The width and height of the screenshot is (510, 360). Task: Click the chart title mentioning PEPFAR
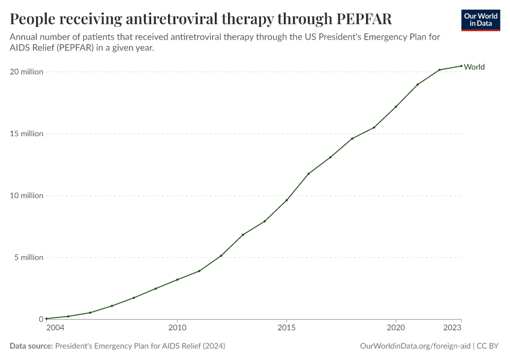201,19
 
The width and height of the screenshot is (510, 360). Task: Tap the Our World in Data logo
481,20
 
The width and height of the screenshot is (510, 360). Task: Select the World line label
474,67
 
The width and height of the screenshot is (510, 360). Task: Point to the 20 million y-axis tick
26,72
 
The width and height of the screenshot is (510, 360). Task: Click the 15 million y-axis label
26,134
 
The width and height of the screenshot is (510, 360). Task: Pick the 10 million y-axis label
26,196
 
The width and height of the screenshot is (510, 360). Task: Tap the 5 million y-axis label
28,257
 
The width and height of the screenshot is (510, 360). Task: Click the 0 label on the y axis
41,319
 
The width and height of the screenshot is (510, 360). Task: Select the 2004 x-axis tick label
55,328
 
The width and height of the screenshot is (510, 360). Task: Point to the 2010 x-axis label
177,328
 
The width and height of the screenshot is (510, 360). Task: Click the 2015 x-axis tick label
286,328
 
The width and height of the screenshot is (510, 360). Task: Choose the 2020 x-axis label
395,328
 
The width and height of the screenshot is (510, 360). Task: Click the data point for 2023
461,66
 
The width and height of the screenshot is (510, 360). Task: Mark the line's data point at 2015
286,200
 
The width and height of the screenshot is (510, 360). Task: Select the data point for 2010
177,280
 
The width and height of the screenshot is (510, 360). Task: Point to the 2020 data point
395,107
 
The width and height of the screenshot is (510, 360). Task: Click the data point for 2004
46,319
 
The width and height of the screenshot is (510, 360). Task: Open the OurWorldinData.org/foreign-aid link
415,346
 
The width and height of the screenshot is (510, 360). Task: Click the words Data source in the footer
31,346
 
